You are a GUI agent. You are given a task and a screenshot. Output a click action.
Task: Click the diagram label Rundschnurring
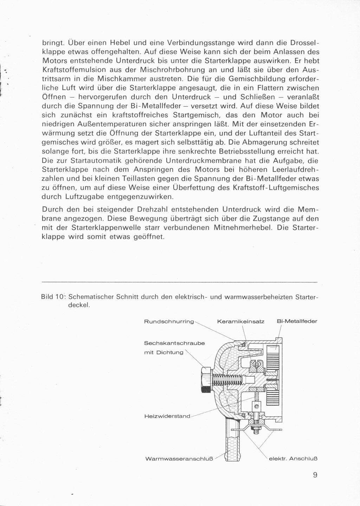(x=169, y=321)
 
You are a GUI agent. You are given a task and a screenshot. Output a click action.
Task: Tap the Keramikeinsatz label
(x=240, y=321)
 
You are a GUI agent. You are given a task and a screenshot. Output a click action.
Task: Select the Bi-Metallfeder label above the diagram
(x=297, y=321)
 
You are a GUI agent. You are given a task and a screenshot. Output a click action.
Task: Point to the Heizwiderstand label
(x=167, y=416)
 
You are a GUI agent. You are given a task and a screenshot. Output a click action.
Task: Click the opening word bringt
(x=52, y=42)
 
